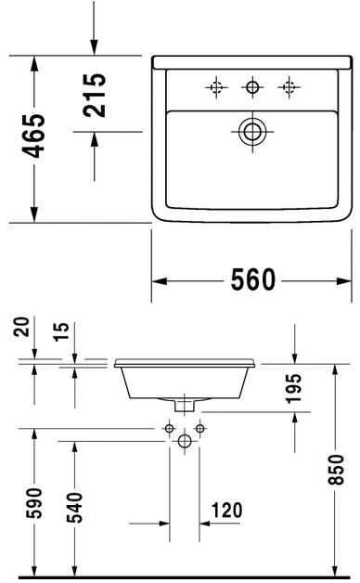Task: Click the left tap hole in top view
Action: pyautogui.click(x=215, y=88)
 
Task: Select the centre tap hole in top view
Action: pyautogui.click(x=251, y=88)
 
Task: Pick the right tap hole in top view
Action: pyautogui.click(x=288, y=88)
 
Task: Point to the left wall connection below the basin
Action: pyautogui.click(x=169, y=428)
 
